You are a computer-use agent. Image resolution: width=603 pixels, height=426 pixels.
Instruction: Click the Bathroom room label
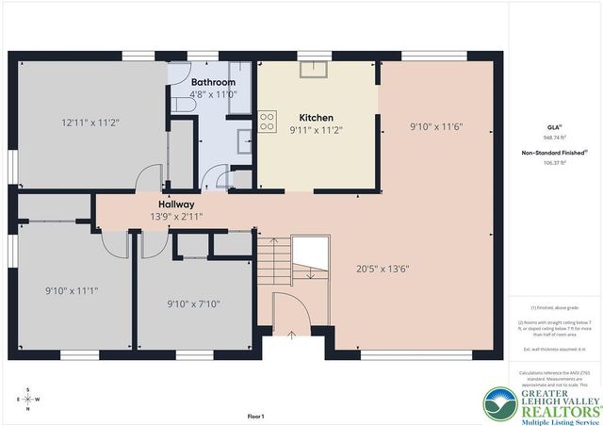212,82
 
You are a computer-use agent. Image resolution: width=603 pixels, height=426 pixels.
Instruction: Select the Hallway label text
176,204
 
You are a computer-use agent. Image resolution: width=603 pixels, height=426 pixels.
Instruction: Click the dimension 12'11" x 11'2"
90,123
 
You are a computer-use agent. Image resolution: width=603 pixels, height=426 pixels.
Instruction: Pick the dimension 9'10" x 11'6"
435,125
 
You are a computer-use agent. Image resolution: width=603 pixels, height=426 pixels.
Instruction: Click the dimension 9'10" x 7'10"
193,303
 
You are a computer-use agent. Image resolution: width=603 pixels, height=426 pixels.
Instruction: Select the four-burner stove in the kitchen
268,121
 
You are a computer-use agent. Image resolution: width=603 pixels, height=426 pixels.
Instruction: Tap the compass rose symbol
27,398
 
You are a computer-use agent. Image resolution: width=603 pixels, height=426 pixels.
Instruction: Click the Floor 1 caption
255,416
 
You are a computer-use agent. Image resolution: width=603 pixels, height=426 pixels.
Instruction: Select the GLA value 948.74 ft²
554,136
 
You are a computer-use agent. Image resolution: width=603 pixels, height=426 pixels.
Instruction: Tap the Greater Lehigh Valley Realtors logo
542,401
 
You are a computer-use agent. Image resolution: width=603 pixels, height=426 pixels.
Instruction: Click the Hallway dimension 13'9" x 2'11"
175,216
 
